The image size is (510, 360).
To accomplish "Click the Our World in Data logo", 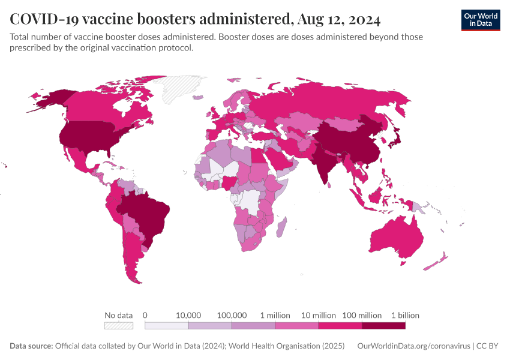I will [480, 20].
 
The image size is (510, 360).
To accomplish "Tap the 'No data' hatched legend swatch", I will [119, 326].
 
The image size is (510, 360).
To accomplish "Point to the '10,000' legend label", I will [188, 315].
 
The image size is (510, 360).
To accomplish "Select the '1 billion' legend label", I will [405, 315].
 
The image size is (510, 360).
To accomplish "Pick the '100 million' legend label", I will [362, 315].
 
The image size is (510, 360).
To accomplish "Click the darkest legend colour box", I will [383, 326].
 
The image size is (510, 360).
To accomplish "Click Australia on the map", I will [396, 237].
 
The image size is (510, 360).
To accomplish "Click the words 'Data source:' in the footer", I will [31, 346].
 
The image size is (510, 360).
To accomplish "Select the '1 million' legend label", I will [275, 315].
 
